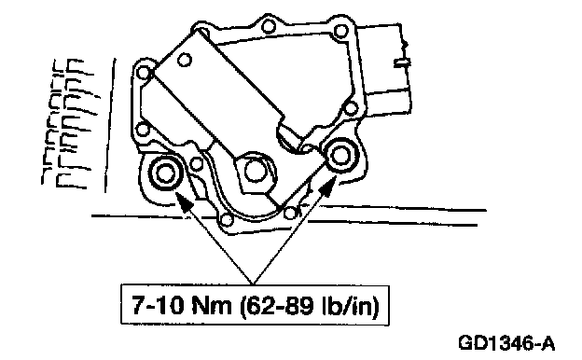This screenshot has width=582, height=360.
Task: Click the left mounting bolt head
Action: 165,173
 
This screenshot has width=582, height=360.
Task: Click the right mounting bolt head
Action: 340,156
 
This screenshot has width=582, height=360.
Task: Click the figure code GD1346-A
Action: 507,343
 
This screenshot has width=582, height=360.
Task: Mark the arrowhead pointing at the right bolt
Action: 326,187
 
